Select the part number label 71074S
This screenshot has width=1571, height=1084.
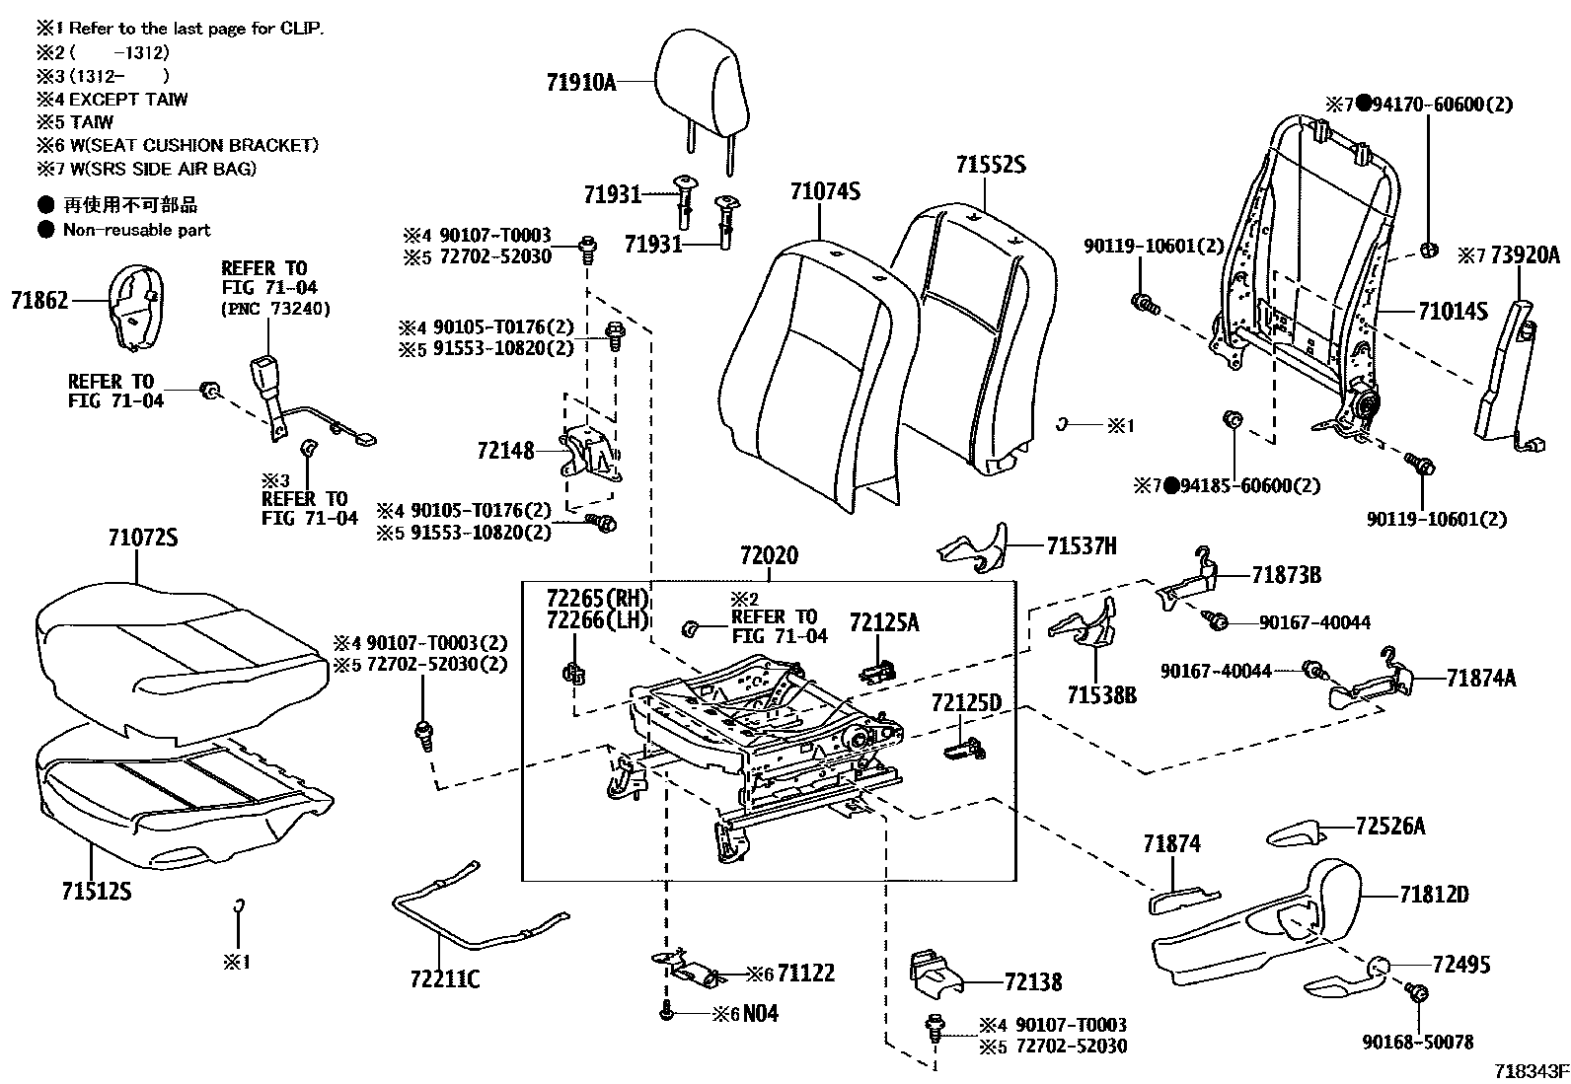click(825, 191)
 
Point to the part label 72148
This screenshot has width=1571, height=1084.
click(504, 451)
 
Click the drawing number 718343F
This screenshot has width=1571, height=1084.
click(1529, 1070)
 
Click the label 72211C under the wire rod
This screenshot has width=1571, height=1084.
click(445, 980)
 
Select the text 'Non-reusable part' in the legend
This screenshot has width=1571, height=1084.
click(136, 230)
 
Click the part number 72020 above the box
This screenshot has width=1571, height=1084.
click(769, 557)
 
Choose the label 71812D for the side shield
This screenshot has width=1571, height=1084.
click(1433, 895)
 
